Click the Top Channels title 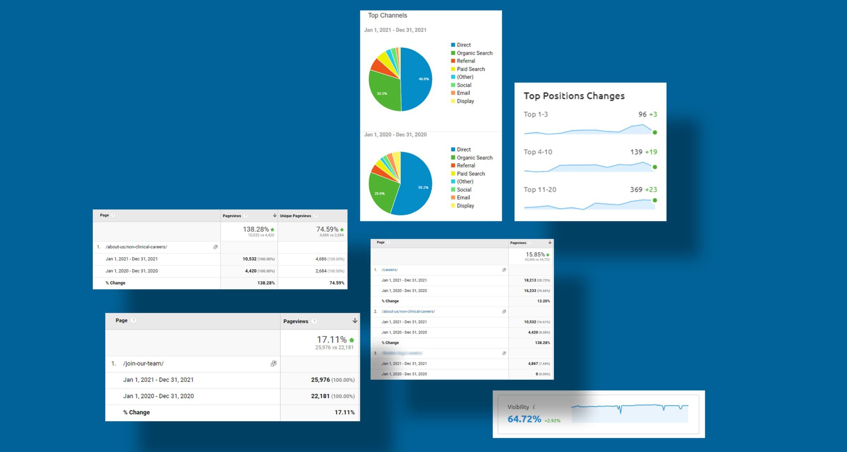pos(387,16)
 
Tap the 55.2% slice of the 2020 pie pos(418,187)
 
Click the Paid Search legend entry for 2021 pos(470,69)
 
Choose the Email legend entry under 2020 pos(463,198)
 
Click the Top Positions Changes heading pos(574,96)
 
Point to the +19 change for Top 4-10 pos(651,152)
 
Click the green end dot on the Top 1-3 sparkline pos(655,132)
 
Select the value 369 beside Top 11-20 pos(636,190)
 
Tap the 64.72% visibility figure pos(524,419)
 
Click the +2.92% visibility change pos(552,421)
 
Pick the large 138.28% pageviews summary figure pos(256,230)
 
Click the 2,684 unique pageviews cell pos(320,271)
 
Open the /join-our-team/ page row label pos(143,364)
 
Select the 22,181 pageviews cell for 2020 pos(320,396)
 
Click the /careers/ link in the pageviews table pos(390,270)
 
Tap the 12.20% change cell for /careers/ pos(543,301)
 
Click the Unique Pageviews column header pos(295,216)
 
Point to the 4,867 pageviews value pos(533,364)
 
